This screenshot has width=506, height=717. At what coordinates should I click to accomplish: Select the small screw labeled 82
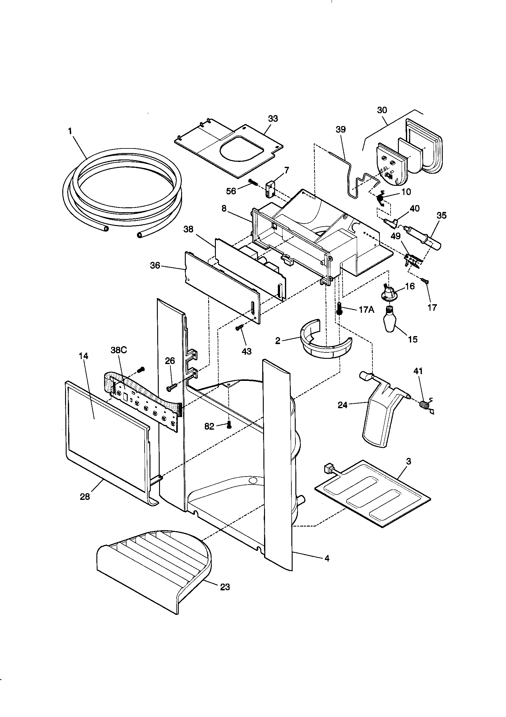229,424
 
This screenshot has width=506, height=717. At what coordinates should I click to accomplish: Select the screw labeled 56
253,182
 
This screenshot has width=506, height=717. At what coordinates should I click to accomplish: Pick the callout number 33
273,119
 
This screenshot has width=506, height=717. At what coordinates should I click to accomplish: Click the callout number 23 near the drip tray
225,587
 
